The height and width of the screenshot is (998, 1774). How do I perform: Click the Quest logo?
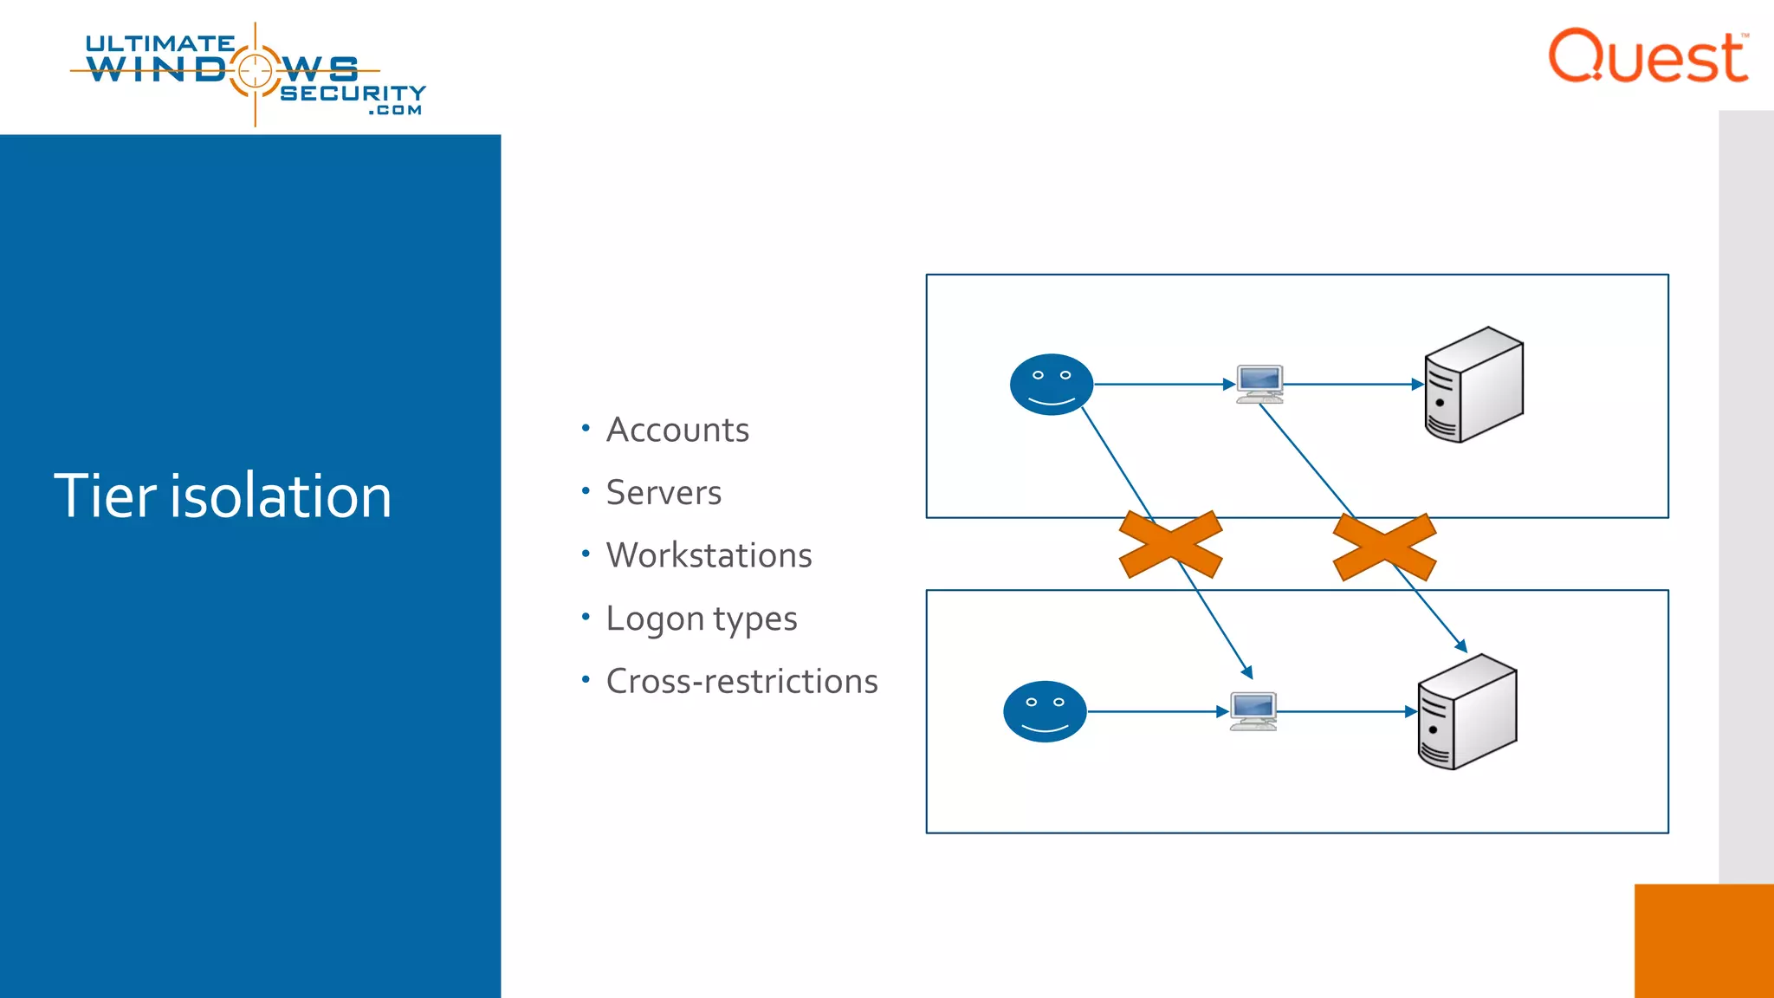(x=1648, y=57)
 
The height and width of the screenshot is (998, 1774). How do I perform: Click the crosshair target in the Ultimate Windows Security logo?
(x=255, y=70)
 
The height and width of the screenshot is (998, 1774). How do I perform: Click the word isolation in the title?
(x=281, y=496)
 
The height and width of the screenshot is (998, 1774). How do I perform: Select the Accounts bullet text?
(x=677, y=431)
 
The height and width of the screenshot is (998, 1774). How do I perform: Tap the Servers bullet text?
(x=664, y=493)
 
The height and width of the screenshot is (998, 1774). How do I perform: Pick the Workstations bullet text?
(x=709, y=555)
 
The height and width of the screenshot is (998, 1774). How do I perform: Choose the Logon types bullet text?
(x=701, y=619)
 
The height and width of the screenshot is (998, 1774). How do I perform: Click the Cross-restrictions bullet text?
(x=741, y=682)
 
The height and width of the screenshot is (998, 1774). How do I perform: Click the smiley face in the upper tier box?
(x=1051, y=385)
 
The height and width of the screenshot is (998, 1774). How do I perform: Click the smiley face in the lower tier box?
(x=1044, y=711)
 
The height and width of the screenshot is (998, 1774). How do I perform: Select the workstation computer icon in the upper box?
(x=1259, y=385)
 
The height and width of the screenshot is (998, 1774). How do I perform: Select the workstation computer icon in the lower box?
(x=1253, y=711)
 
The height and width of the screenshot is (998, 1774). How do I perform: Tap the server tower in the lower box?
(x=1466, y=711)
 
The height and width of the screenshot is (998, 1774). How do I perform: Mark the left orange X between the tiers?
(x=1170, y=544)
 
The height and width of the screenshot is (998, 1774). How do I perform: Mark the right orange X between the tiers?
(x=1384, y=547)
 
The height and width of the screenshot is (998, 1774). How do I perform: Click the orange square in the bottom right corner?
(x=1703, y=941)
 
